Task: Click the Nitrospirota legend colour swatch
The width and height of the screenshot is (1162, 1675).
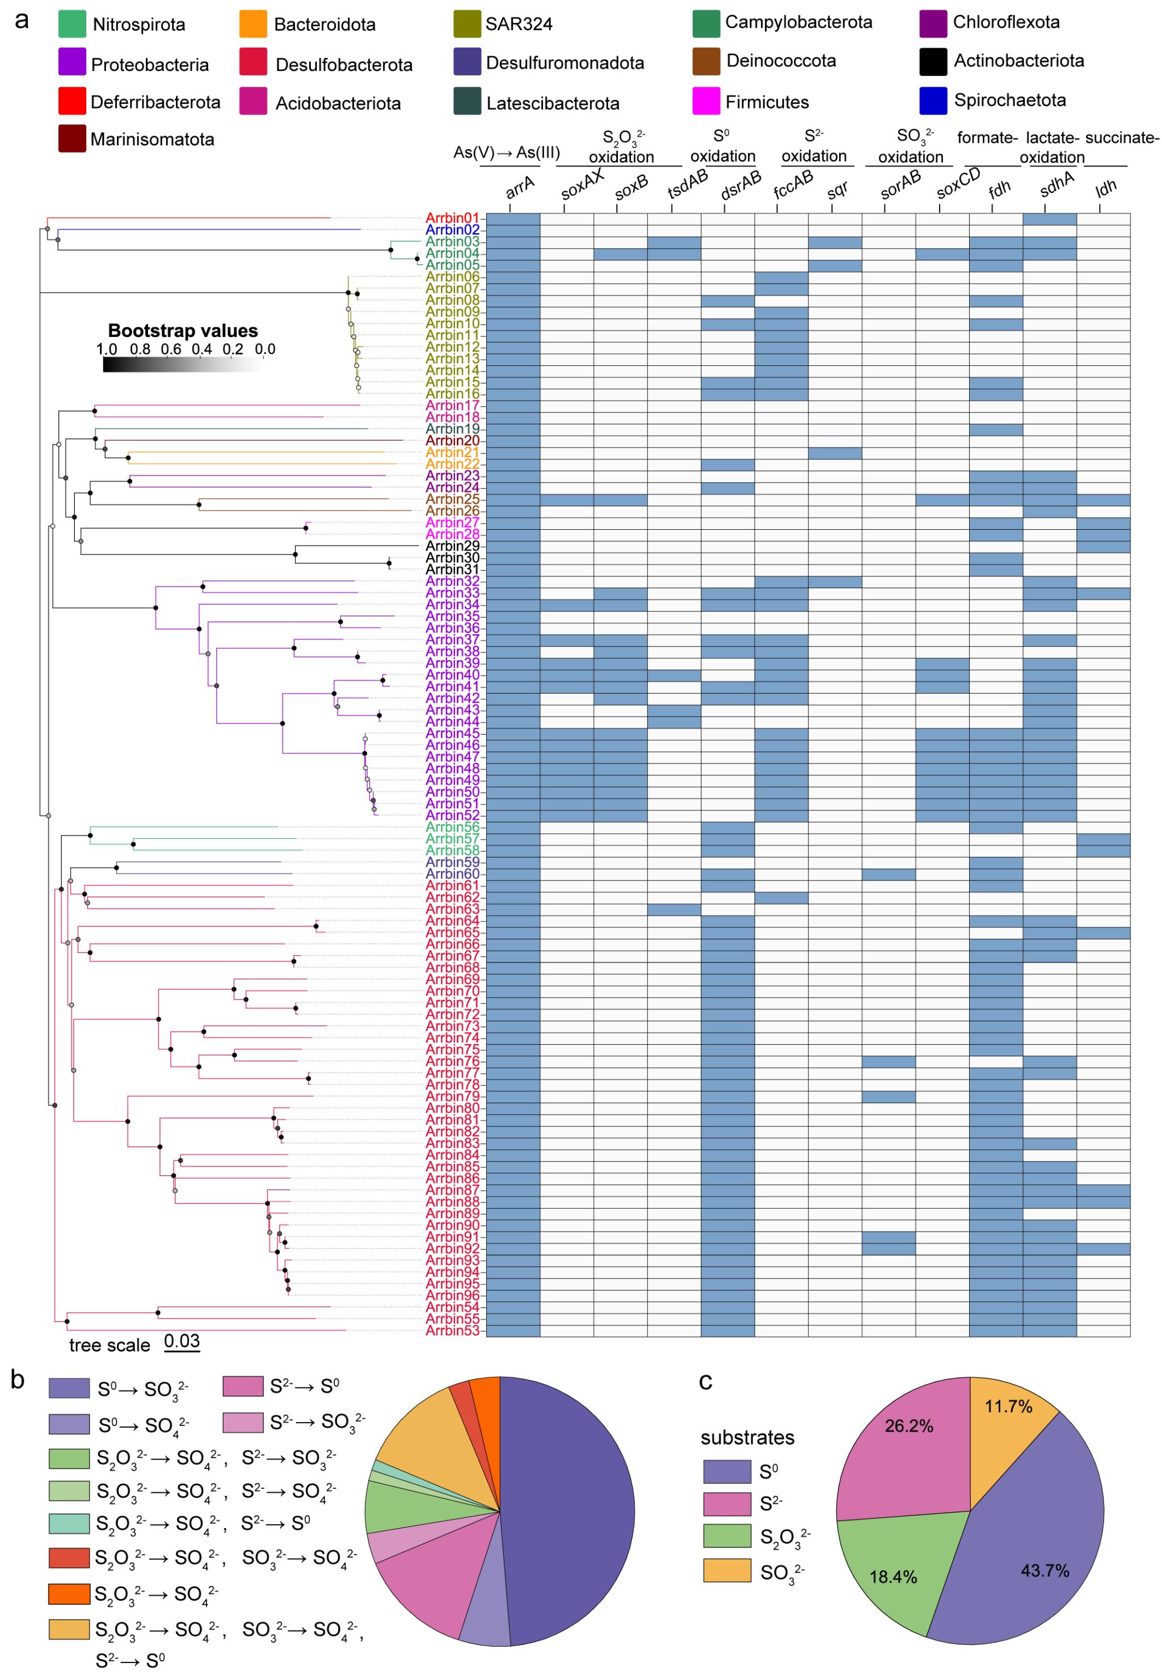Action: pyautogui.click(x=72, y=24)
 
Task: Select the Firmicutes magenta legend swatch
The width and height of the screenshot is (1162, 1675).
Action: pyautogui.click(x=705, y=101)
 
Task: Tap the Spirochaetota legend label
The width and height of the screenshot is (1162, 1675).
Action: pyautogui.click(x=1010, y=100)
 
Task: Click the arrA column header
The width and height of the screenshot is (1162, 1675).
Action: pyautogui.click(x=520, y=188)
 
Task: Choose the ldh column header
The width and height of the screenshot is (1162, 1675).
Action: pyautogui.click(x=1105, y=188)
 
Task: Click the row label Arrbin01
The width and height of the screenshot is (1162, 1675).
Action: pyautogui.click(x=452, y=218)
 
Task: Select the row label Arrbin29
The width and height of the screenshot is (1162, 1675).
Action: pyautogui.click(x=452, y=546)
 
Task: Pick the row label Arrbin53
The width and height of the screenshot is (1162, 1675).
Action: pyautogui.click(x=452, y=1331)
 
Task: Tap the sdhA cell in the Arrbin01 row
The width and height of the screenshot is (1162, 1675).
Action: pyautogui.click(x=1049, y=219)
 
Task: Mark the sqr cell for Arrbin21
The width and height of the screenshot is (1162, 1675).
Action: pyautogui.click(x=835, y=453)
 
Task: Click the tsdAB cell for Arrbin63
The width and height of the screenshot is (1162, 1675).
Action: pyautogui.click(x=673, y=909)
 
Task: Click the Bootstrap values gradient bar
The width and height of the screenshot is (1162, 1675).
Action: pyautogui.click(x=183, y=364)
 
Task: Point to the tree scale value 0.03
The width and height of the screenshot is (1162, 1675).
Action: pyautogui.click(x=182, y=1341)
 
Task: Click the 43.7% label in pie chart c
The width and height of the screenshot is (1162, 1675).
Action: pyautogui.click(x=1045, y=1570)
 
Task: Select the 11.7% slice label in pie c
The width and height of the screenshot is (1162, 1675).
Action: pyautogui.click(x=1008, y=1406)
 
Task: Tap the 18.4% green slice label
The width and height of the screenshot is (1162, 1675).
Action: pyautogui.click(x=892, y=1577)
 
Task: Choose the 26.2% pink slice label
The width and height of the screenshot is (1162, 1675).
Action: pyautogui.click(x=908, y=1425)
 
